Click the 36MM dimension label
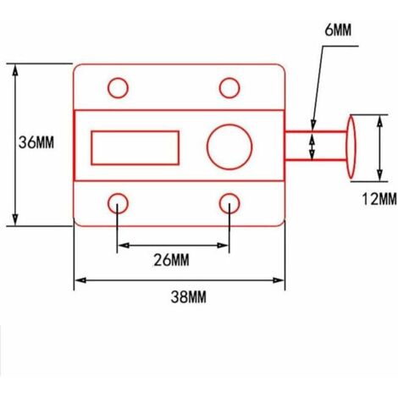click(x=36, y=143)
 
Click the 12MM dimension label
click(x=377, y=199)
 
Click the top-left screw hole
click(x=119, y=87)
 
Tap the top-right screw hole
click(x=229, y=87)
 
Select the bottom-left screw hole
click(x=119, y=202)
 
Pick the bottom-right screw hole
click(x=229, y=202)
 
